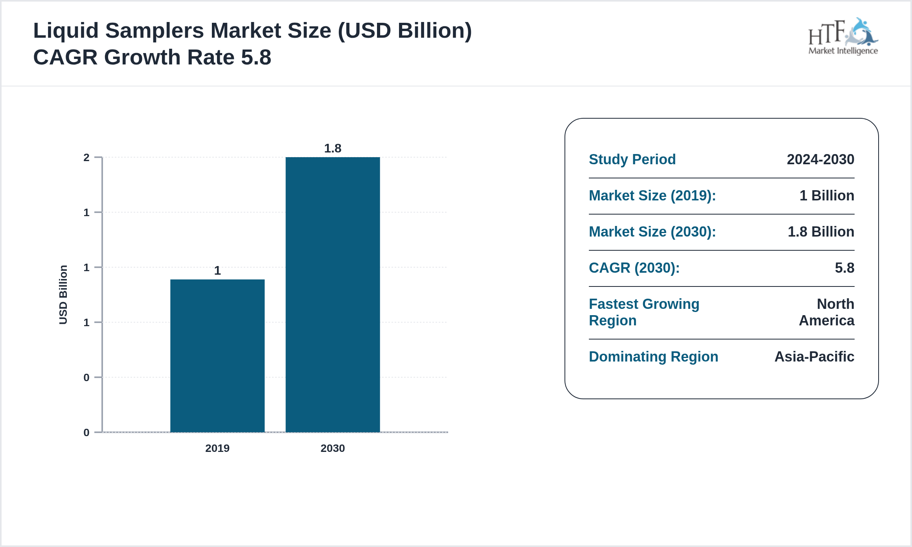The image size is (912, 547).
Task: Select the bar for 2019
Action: click(217, 356)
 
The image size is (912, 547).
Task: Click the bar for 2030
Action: click(333, 295)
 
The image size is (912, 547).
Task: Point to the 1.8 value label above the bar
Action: click(333, 149)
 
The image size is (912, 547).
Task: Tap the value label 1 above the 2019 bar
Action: click(217, 271)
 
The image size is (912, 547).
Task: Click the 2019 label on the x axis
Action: click(217, 448)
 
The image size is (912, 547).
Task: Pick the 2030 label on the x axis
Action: click(333, 448)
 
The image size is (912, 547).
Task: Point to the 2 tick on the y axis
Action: click(86, 158)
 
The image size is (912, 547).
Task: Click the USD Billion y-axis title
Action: click(63, 295)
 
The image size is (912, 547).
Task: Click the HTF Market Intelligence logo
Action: click(843, 37)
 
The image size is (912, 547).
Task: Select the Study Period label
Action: click(632, 160)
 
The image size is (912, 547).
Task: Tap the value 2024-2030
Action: click(820, 160)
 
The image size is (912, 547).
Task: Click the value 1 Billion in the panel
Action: click(827, 196)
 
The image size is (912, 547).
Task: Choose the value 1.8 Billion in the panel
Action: click(821, 232)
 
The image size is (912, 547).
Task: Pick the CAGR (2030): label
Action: click(634, 268)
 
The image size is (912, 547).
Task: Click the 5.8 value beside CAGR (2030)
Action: click(844, 268)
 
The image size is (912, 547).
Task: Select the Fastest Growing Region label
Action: click(644, 312)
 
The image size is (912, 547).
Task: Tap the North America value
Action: click(827, 312)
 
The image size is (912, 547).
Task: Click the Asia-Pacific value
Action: click(814, 357)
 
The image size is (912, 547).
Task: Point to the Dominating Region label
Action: click(653, 357)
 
